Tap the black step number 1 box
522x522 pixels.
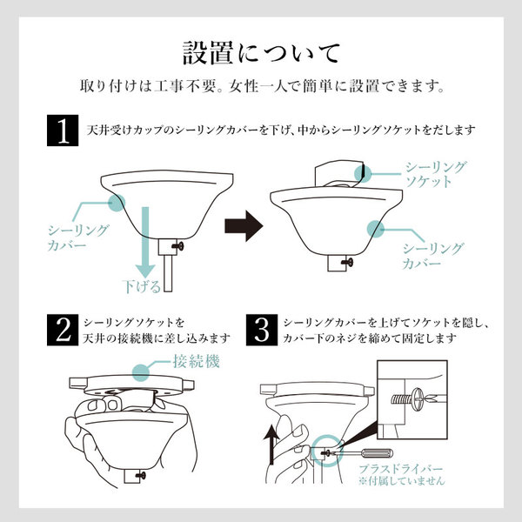[x=62, y=132]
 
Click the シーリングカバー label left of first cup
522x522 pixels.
[x=77, y=238]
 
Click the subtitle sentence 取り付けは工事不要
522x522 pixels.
[x=261, y=88]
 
